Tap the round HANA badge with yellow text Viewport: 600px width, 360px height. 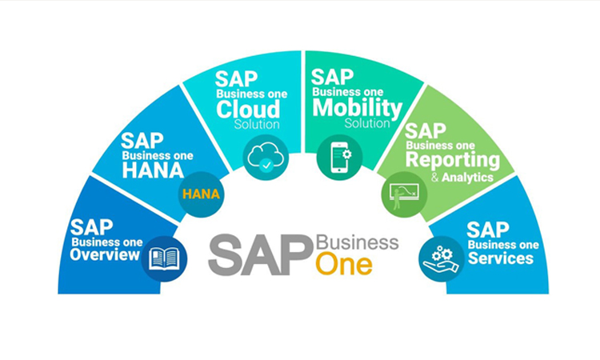[202, 194]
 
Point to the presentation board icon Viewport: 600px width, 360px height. [402, 194]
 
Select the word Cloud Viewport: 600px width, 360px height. [248, 108]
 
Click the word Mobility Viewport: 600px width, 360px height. [356, 107]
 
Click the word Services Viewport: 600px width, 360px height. [500, 258]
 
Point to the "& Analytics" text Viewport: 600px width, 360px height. [462, 178]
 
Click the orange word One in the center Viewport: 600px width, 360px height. [344, 265]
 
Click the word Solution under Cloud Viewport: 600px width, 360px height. [257, 125]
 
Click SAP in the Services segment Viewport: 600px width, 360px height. [487, 230]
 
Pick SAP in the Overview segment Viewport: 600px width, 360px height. [91, 227]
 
